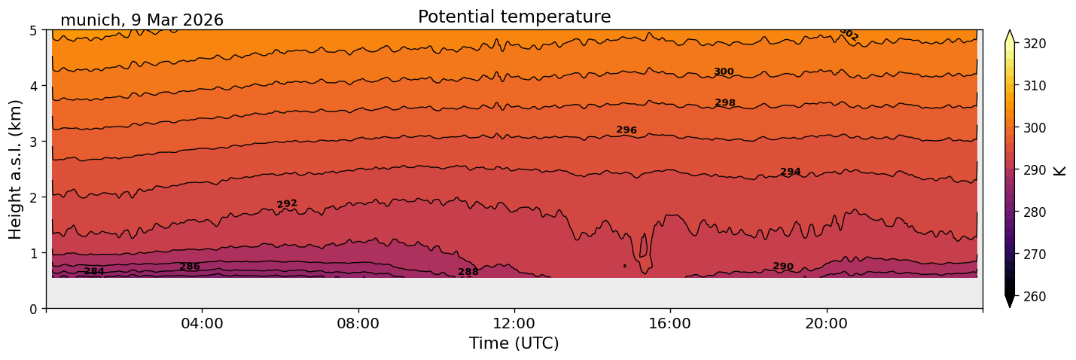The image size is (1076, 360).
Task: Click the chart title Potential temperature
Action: [x=514, y=17]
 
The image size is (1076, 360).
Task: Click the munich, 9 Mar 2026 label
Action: [x=142, y=20]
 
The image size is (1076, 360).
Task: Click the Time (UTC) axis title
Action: [x=514, y=343]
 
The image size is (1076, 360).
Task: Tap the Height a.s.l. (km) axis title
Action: [x=17, y=169]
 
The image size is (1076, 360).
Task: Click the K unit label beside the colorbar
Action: [x=1061, y=170]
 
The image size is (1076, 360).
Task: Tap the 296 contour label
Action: [x=626, y=130]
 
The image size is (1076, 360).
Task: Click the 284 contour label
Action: [x=94, y=272]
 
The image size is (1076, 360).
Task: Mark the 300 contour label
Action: [x=724, y=72]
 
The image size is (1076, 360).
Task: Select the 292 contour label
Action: [x=287, y=204]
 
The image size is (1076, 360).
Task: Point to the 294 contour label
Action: [x=791, y=172]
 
